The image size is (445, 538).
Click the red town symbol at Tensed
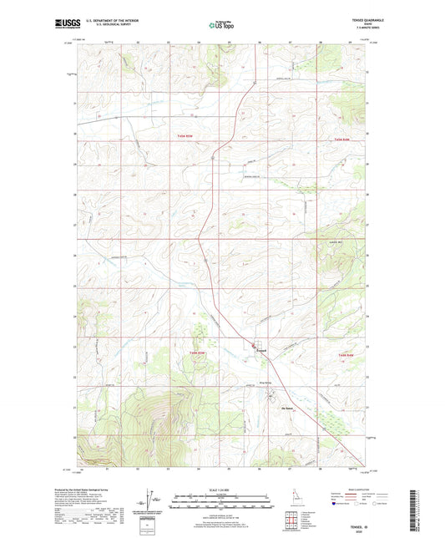click(255, 346)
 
